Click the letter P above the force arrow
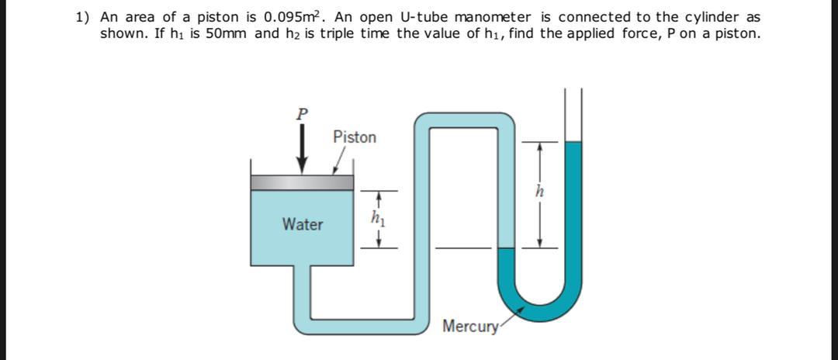[x=302, y=113]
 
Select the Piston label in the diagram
[x=355, y=137]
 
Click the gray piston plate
[x=302, y=183]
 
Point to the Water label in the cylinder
[x=303, y=225]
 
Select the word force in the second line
[x=640, y=33]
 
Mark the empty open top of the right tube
[x=573, y=116]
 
